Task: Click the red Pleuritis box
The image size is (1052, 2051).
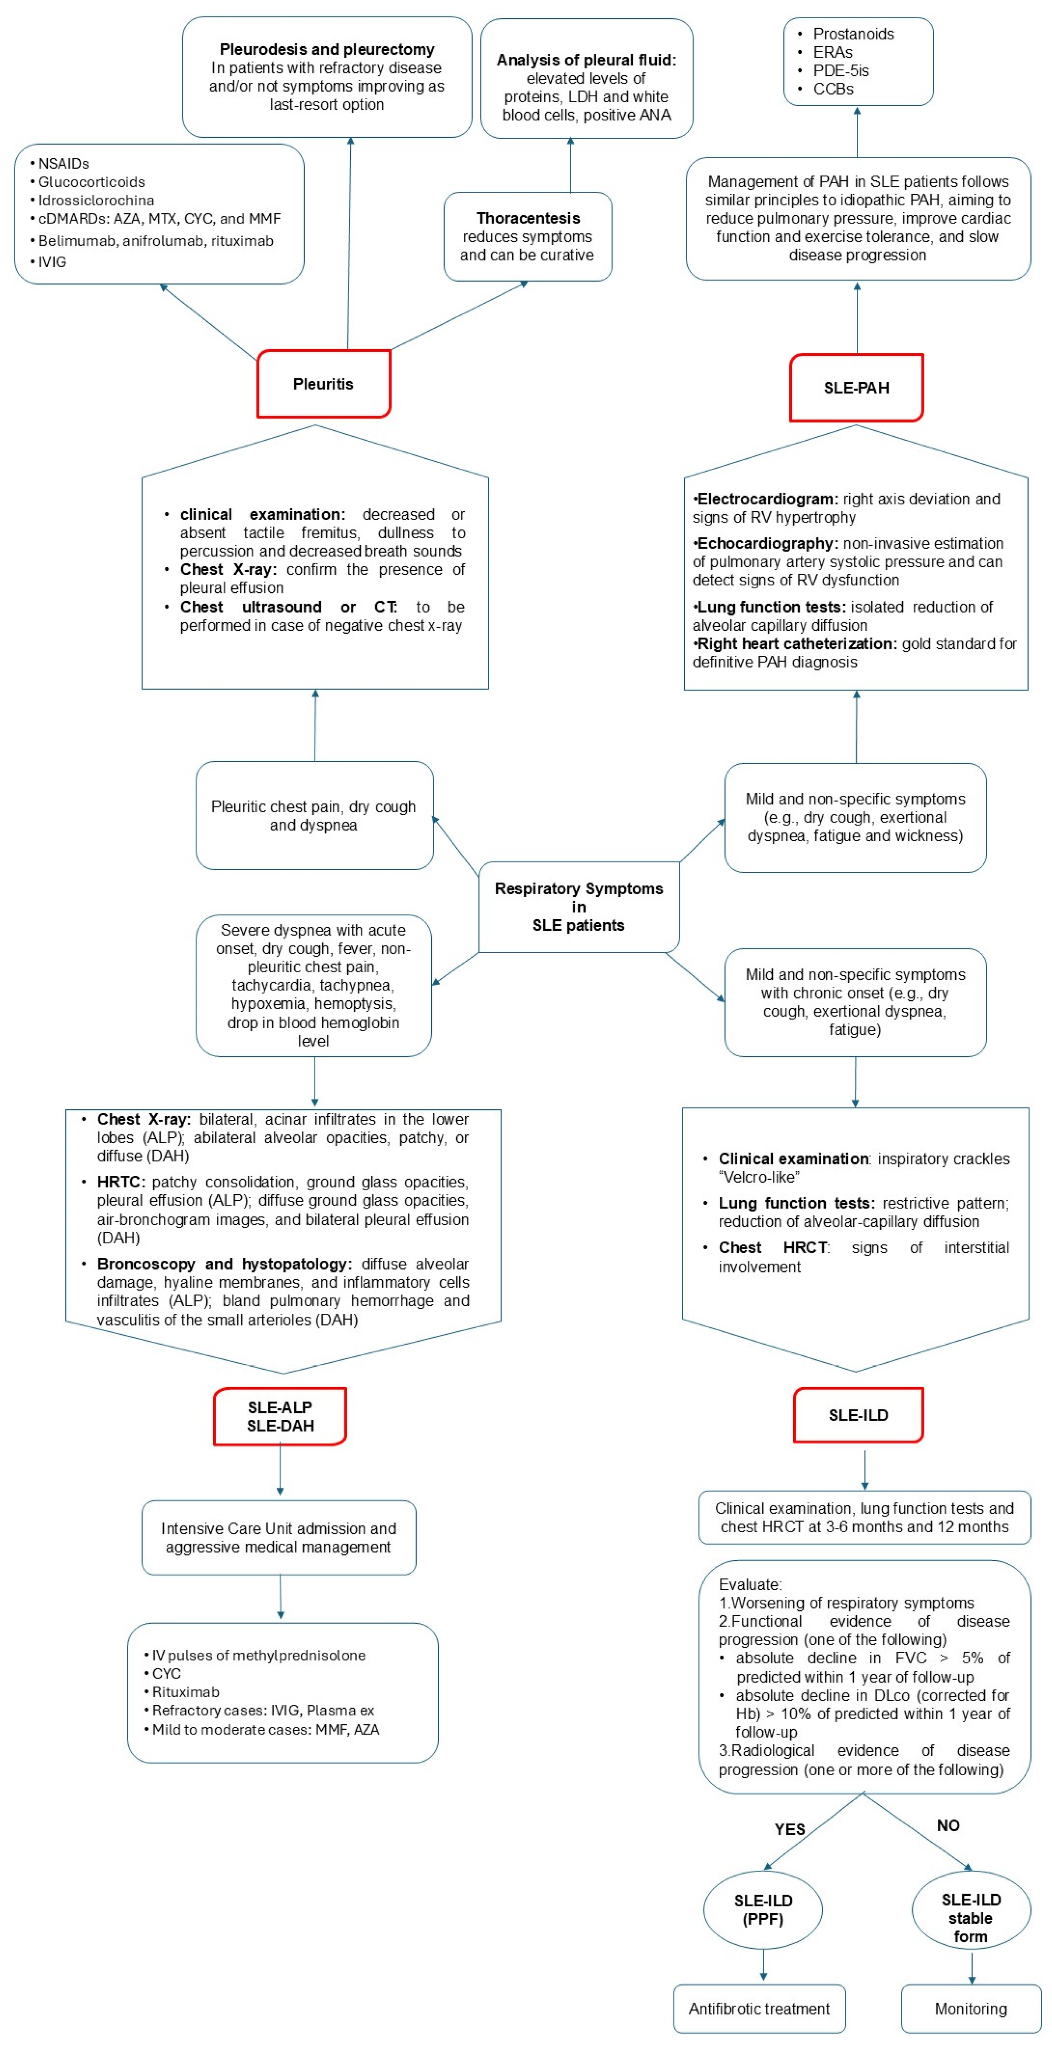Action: click(x=323, y=384)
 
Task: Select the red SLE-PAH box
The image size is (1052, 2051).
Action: click(x=856, y=388)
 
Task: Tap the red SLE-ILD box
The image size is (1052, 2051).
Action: click(x=858, y=1415)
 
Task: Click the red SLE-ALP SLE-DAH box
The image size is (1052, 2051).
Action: click(x=280, y=1416)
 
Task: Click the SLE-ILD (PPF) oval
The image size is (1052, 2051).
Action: click(x=763, y=1909)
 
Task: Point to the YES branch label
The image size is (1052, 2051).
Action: click(x=789, y=1829)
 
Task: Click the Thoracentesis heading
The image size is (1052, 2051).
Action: click(x=528, y=218)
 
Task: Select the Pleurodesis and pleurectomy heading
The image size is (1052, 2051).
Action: click(x=326, y=49)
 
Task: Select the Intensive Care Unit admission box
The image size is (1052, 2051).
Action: click(x=279, y=1537)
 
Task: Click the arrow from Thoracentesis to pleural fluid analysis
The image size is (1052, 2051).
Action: click(x=570, y=165)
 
